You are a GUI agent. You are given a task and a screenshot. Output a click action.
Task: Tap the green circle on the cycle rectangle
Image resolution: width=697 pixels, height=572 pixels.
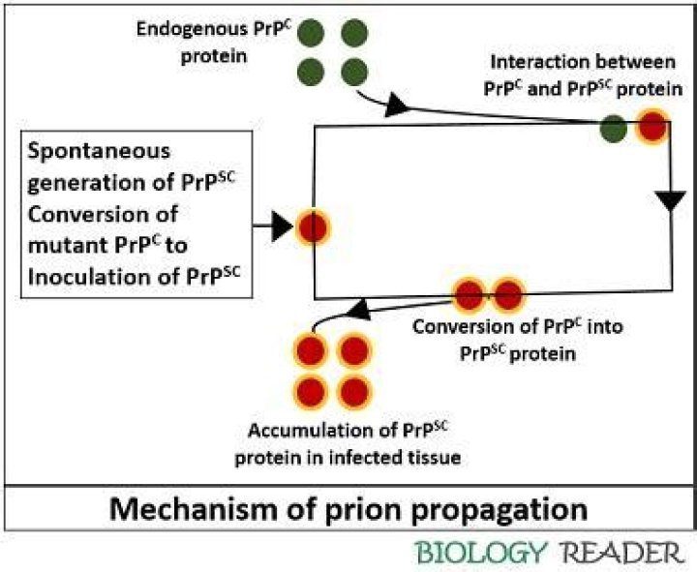[x=613, y=128]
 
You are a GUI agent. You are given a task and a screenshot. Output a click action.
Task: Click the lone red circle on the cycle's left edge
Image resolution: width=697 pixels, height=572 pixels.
[x=312, y=228]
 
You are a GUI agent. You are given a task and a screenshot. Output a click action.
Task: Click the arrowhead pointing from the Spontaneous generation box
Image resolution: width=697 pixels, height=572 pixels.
[x=281, y=228]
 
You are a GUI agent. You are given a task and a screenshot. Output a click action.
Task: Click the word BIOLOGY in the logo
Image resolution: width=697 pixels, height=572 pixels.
[x=481, y=553]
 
